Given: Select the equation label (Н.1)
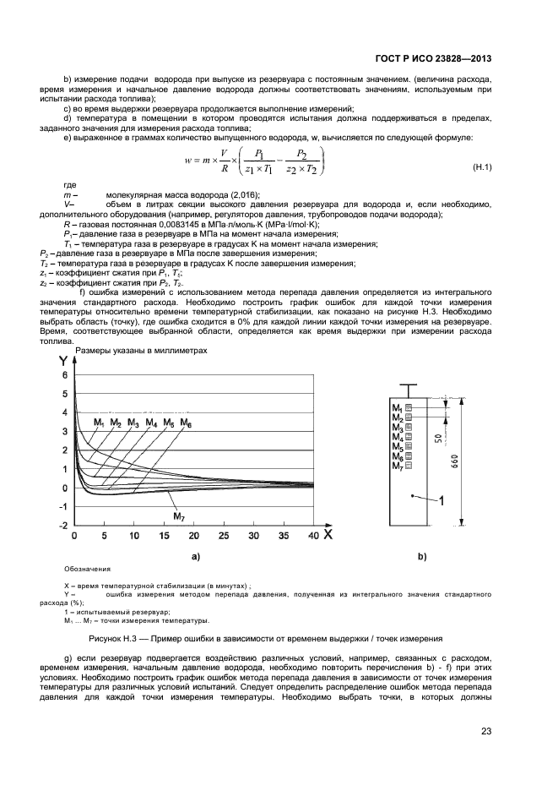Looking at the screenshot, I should pos(481,168).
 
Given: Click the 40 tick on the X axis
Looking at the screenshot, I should pos(313,536).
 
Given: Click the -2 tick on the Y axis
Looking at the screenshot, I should pos(62,526).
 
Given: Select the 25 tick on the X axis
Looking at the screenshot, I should pos(224,536).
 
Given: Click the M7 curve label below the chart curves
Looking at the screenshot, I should pos(179,516).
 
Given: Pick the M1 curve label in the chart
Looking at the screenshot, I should pos(100,422).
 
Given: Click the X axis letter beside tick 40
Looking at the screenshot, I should pos(328,535).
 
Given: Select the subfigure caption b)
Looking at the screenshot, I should pos(422,557).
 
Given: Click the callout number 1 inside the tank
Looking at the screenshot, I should pos(441,501).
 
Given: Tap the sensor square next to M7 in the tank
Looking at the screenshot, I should pos(409,465).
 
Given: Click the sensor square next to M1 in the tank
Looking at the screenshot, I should pos(409,409).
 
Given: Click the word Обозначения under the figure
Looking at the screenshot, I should pos(88,570).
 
